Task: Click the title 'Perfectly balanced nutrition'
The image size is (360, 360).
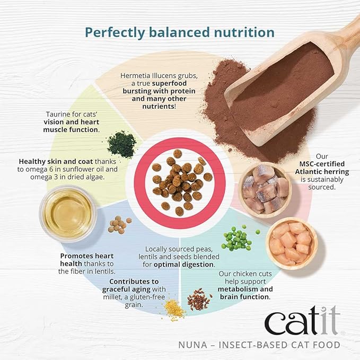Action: (180, 32)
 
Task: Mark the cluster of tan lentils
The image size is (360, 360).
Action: (118, 225)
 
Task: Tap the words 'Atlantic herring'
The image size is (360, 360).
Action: (322, 171)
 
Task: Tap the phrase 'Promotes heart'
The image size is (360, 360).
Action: (87, 256)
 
